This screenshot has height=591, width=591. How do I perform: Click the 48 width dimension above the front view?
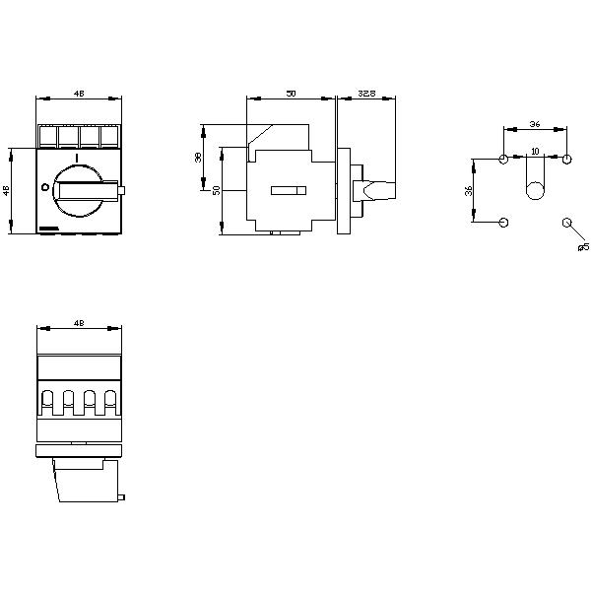point(78,94)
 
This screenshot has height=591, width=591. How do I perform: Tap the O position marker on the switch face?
point(44,187)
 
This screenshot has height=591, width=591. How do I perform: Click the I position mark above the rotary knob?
point(76,158)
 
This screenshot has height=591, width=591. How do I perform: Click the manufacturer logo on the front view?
point(48,229)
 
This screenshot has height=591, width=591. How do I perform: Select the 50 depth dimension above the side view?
point(291,93)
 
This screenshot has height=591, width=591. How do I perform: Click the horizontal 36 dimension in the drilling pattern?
point(535,124)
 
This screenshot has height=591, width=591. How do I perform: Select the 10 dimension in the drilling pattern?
point(535,151)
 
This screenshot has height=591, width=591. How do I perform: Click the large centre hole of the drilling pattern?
point(535,191)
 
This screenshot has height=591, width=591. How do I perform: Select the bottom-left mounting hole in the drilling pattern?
point(504,222)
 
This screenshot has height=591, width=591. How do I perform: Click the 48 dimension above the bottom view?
point(78,321)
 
